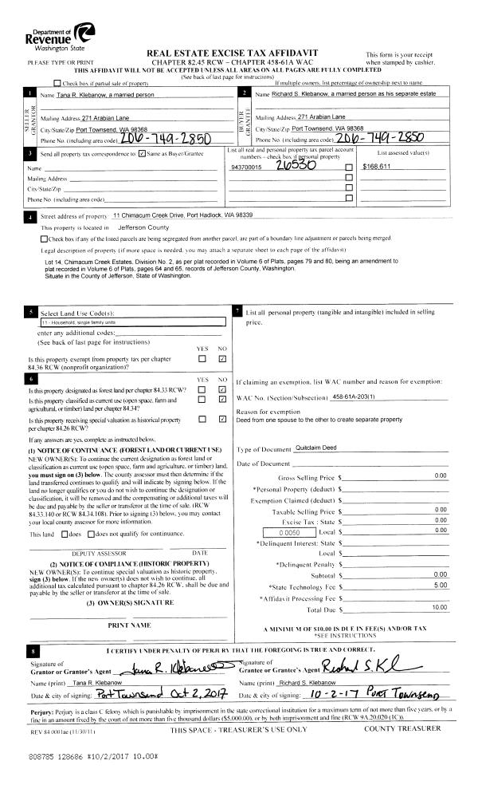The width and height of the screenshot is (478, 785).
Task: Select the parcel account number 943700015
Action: [245, 168]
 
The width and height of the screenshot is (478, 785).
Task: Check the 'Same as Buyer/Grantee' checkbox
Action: [142, 153]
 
